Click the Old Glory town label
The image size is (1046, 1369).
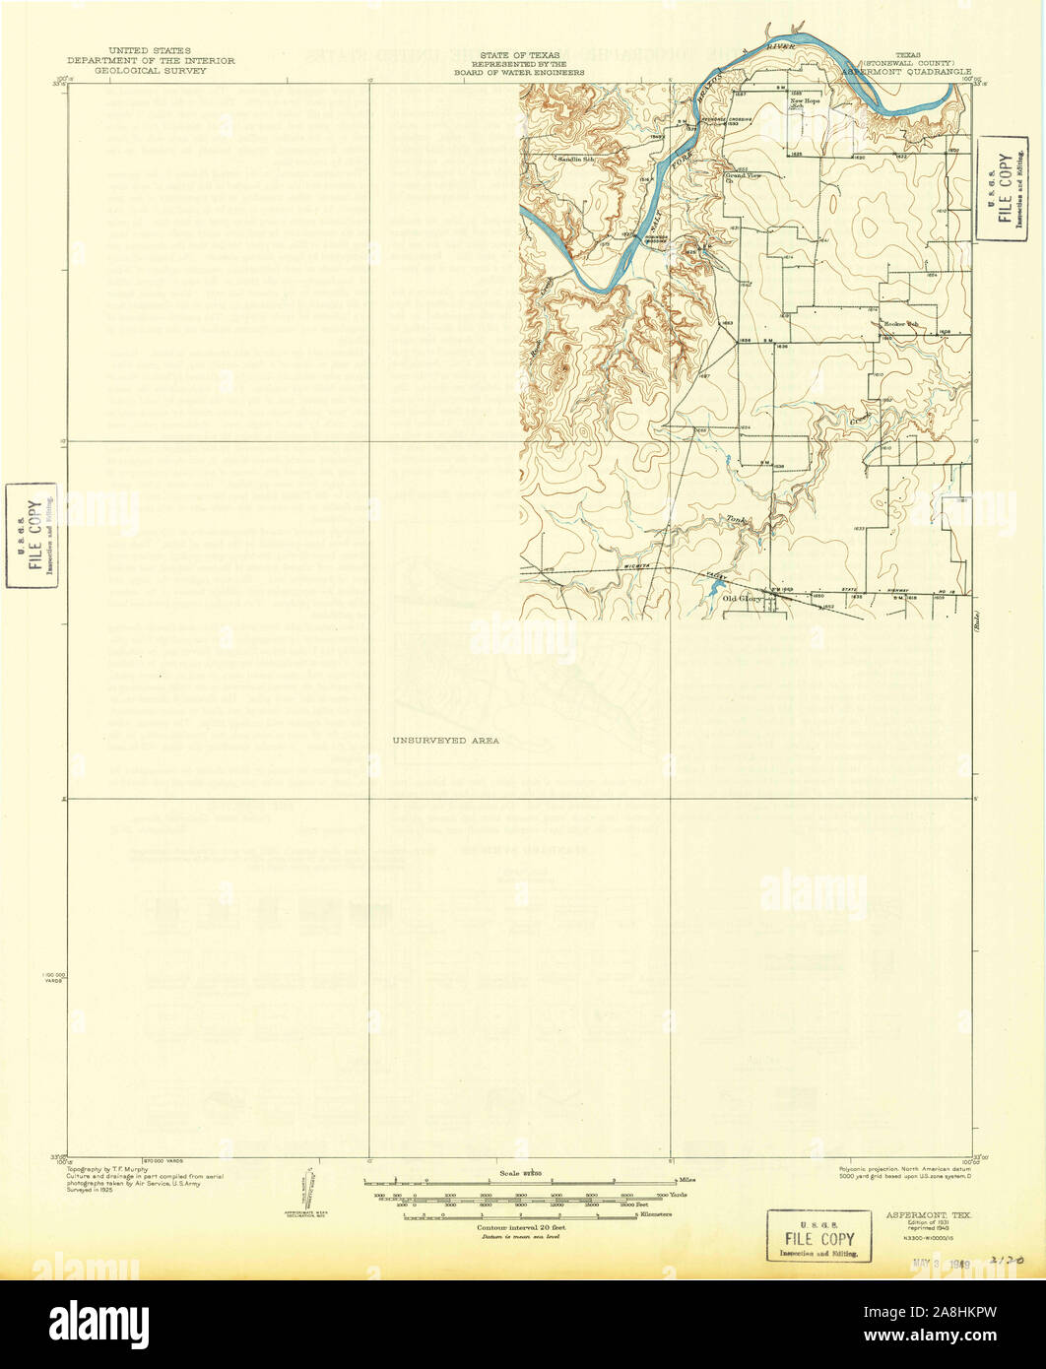(x=743, y=597)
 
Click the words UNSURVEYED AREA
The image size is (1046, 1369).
(x=445, y=740)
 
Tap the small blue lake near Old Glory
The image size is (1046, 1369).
(x=710, y=589)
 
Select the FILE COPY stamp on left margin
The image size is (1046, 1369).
(x=31, y=535)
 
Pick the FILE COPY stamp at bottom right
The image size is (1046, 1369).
(x=818, y=1237)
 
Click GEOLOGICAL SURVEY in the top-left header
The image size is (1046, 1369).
(x=151, y=72)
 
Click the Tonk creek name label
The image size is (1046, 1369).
(x=734, y=519)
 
